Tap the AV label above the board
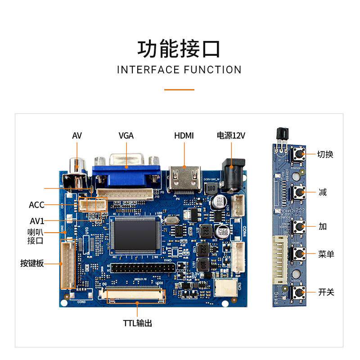pyautogui.click(x=77, y=135)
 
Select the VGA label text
pyautogui.click(x=126, y=135)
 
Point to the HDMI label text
pyautogui.click(x=184, y=135)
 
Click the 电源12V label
pyautogui.click(x=231, y=135)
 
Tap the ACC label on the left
pyautogui.click(x=36, y=205)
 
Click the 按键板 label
pyautogui.click(x=32, y=263)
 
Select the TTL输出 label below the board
pyautogui.click(x=138, y=323)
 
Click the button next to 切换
pyautogui.click(x=297, y=154)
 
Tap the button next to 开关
pyautogui.click(x=297, y=292)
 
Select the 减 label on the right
pyautogui.click(x=322, y=193)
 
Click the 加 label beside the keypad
pyautogui.click(x=322, y=226)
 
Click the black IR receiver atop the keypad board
pyautogui.click(x=280, y=135)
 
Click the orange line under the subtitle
pyautogui.click(x=179, y=90)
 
